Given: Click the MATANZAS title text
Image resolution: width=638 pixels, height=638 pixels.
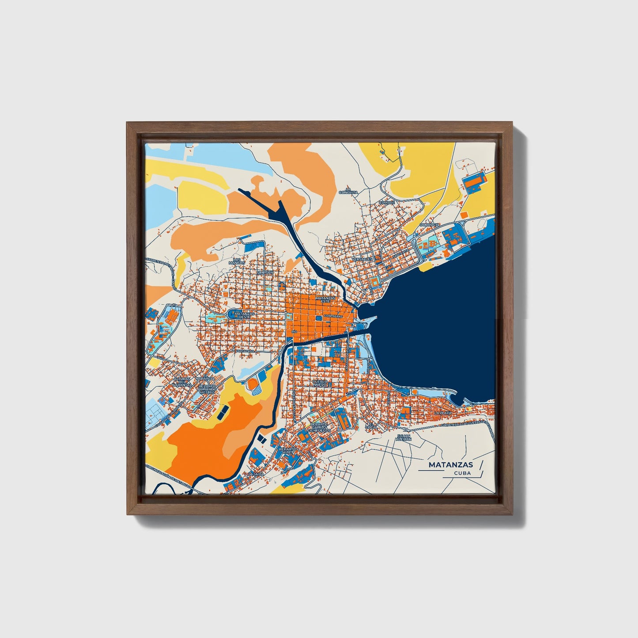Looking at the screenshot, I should click(450, 465).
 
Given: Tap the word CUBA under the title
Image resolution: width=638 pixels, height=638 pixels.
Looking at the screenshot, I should click(462, 473).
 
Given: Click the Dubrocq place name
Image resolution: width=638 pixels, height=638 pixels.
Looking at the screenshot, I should click(430, 225).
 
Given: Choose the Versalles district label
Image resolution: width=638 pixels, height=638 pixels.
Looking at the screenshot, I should click(363, 259).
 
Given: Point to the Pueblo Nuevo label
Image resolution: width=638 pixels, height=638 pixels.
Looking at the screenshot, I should click(320, 383).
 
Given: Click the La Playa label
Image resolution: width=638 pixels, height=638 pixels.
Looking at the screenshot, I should click(443, 413).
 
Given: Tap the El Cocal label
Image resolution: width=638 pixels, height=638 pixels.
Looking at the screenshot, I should click(372, 426).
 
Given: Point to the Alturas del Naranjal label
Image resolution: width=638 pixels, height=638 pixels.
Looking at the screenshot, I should click(182, 382).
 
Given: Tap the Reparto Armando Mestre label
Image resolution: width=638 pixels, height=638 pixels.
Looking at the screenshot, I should click(207, 389).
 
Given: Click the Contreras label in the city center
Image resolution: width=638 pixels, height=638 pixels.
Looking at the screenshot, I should click(333, 317).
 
